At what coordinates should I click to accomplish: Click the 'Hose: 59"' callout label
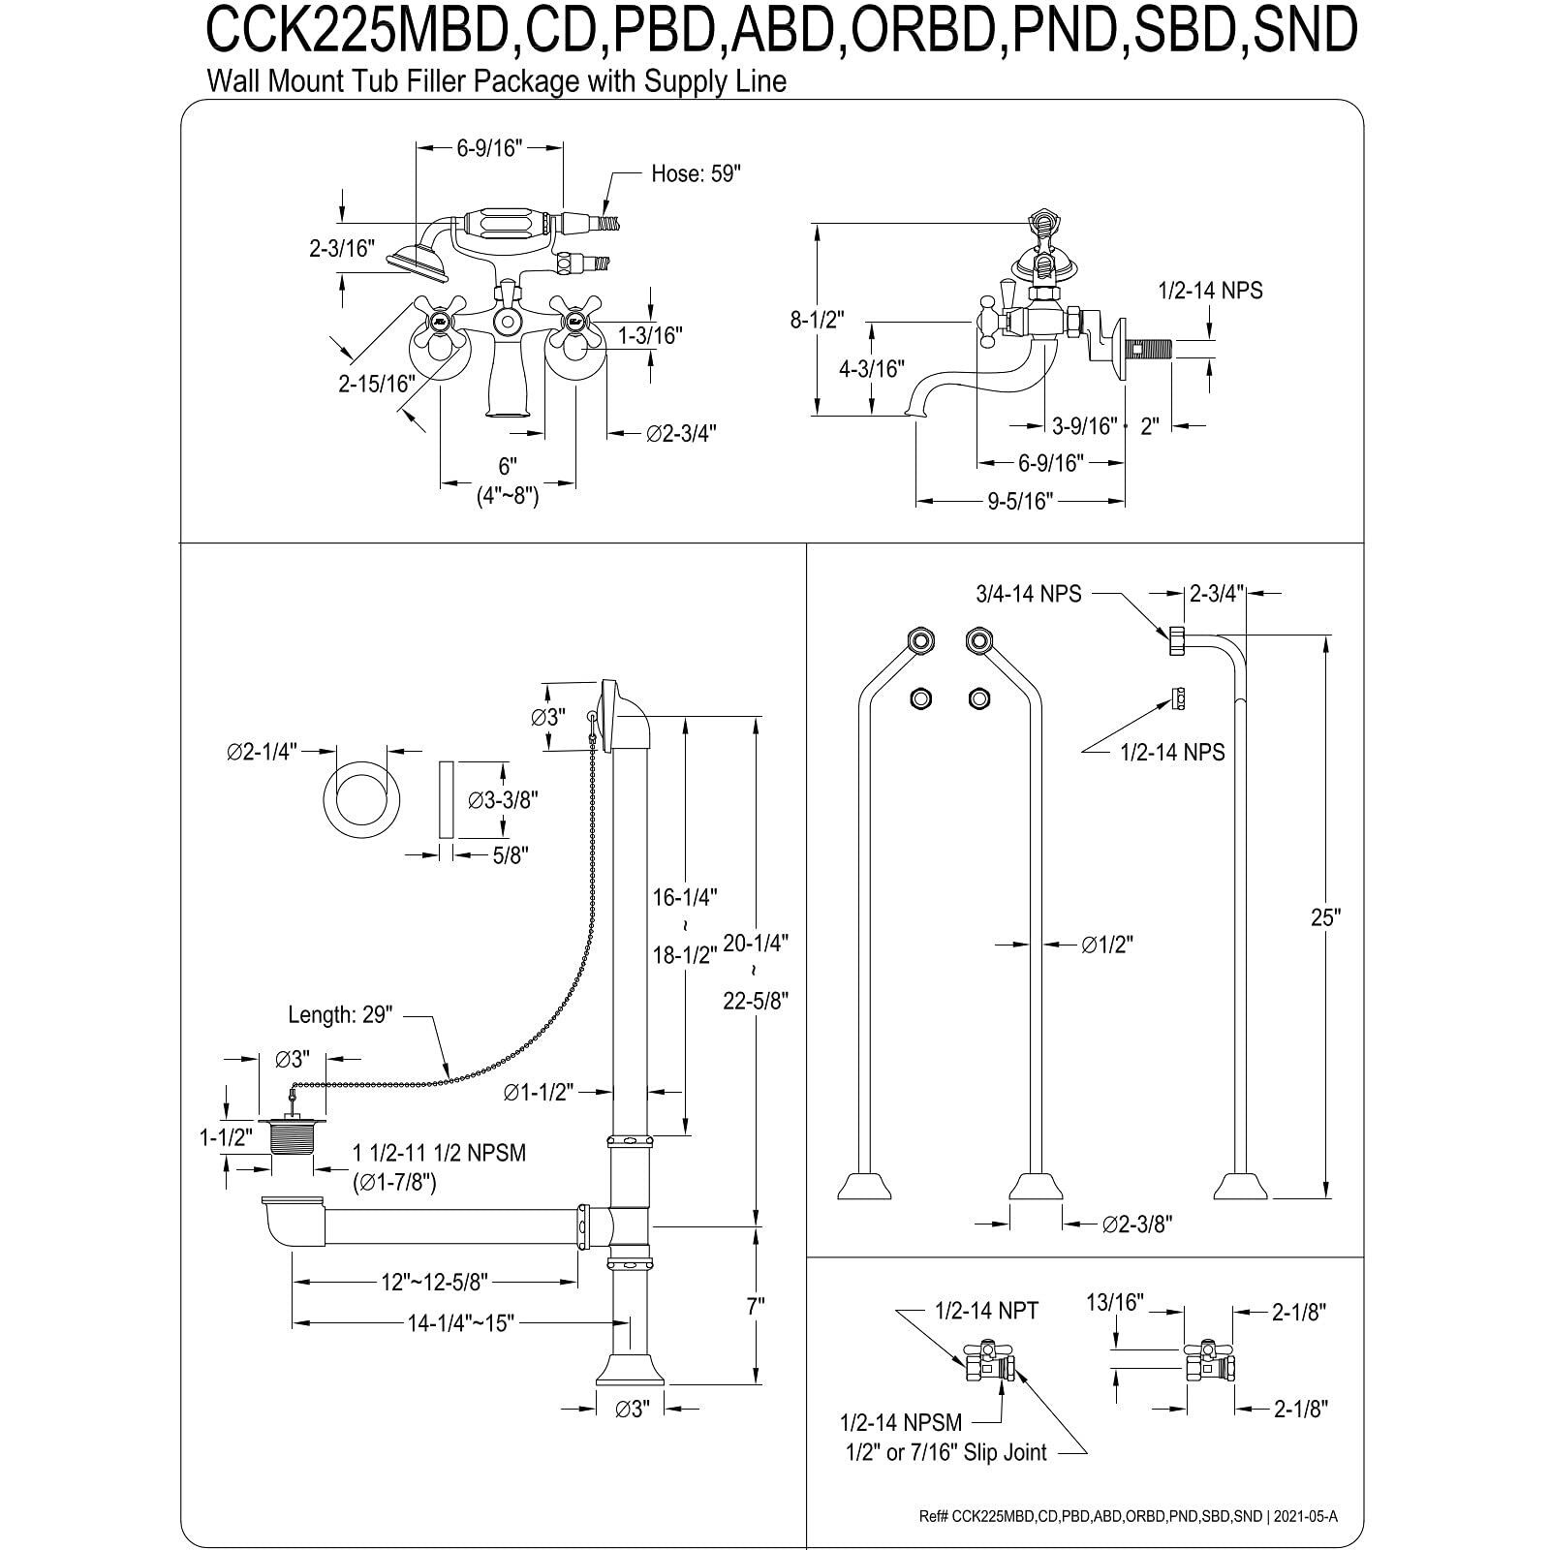tap(695, 174)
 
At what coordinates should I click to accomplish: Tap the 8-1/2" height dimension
tap(818, 319)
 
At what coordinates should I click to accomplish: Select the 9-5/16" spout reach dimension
tap(1019, 501)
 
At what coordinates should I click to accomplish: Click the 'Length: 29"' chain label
tap(339, 1015)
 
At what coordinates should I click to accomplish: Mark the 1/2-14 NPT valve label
tap(986, 1311)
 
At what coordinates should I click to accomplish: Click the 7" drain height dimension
tap(756, 1305)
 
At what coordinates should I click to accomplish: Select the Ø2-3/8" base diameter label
tap(1137, 1224)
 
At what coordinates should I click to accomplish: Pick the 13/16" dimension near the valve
tap(1114, 1303)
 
